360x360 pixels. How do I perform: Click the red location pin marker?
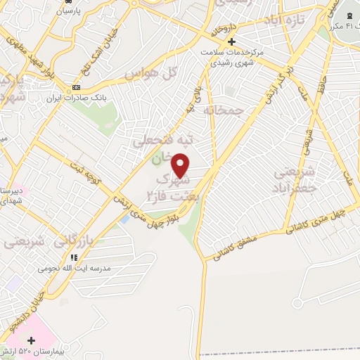pos(181,165)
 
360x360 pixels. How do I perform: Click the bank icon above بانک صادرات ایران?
pos(76,87)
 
